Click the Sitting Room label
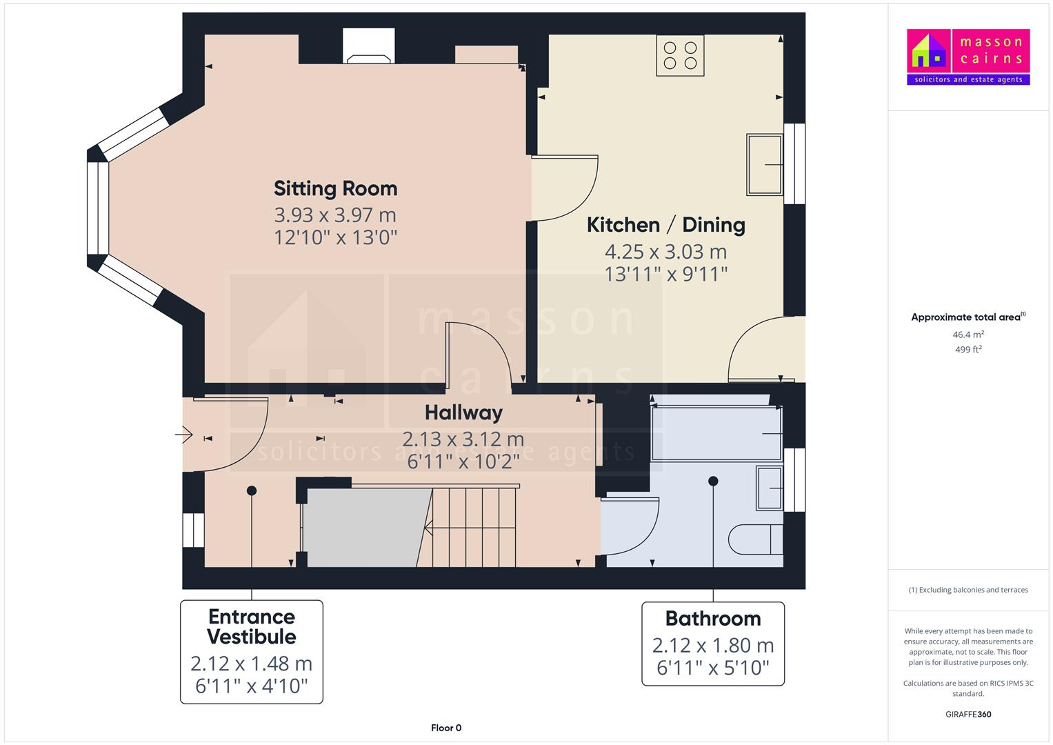[335, 188]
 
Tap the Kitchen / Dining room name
[665, 225]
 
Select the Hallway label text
[463, 413]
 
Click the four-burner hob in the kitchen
[680, 56]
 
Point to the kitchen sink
[764, 165]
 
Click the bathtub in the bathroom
[716, 434]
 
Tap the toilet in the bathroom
[756, 539]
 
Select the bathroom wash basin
[770, 488]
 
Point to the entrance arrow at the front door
[184, 435]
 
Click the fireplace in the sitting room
[370, 47]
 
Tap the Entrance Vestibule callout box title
[252, 626]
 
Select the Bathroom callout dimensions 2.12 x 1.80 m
[713, 646]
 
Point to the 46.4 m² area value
[968, 335]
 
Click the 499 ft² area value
[968, 350]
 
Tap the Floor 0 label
[446, 728]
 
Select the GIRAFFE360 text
[968, 714]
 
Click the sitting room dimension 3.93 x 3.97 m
[335, 215]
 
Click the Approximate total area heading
[967, 317]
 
